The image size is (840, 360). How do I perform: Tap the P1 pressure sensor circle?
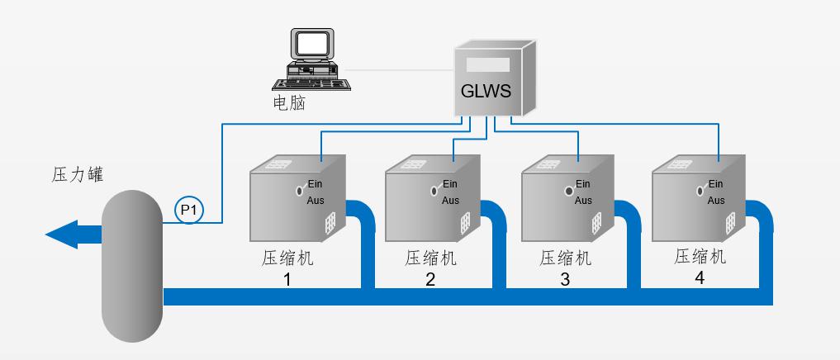click(188, 211)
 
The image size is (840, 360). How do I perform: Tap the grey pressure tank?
click(131, 264)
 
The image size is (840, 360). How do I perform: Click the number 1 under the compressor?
click(287, 279)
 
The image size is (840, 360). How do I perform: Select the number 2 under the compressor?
click(429, 279)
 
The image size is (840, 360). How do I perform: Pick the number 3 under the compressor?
click(565, 279)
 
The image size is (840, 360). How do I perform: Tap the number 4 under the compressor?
click(700, 277)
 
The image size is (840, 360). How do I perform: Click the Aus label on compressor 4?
click(715, 201)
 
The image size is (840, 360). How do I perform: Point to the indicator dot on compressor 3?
click(569, 192)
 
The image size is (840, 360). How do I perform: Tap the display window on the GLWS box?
click(487, 64)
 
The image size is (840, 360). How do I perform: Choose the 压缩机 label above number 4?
click(700, 257)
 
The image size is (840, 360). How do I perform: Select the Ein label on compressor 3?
click(583, 183)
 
